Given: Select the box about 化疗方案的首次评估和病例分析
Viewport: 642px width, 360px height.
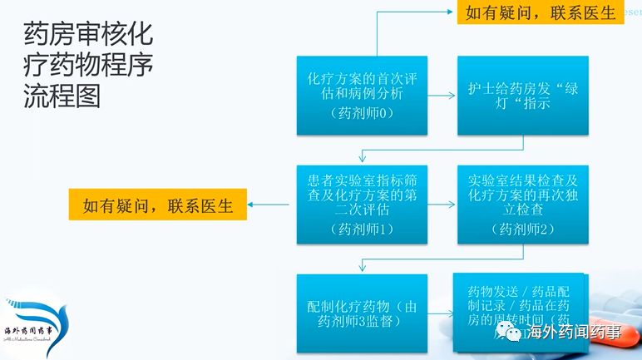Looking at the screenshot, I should point(362,96).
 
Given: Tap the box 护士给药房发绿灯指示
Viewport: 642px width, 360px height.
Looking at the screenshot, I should point(522,96).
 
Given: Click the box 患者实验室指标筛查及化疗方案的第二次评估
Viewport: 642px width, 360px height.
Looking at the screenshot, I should point(362,205).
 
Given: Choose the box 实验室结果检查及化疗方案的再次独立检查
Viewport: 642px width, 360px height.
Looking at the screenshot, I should point(522,205).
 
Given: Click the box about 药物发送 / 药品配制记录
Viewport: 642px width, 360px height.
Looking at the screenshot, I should point(517,303).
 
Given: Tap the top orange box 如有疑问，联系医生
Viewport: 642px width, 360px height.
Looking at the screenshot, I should point(540,12).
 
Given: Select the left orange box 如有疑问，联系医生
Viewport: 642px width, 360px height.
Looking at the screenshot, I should point(158,204).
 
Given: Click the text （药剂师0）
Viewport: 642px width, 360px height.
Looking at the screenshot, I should point(362,113).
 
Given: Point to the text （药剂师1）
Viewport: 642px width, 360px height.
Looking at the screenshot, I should point(362,229).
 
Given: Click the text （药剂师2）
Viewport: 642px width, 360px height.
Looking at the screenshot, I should point(522,229).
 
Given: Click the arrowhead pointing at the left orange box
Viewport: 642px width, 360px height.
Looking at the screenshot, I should point(252,204).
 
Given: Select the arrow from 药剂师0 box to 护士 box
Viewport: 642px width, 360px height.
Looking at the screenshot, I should point(442,96).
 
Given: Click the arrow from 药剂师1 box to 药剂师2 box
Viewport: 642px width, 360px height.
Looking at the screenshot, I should point(442,205).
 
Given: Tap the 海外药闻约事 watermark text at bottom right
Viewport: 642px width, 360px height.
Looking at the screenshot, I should point(575,333).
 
